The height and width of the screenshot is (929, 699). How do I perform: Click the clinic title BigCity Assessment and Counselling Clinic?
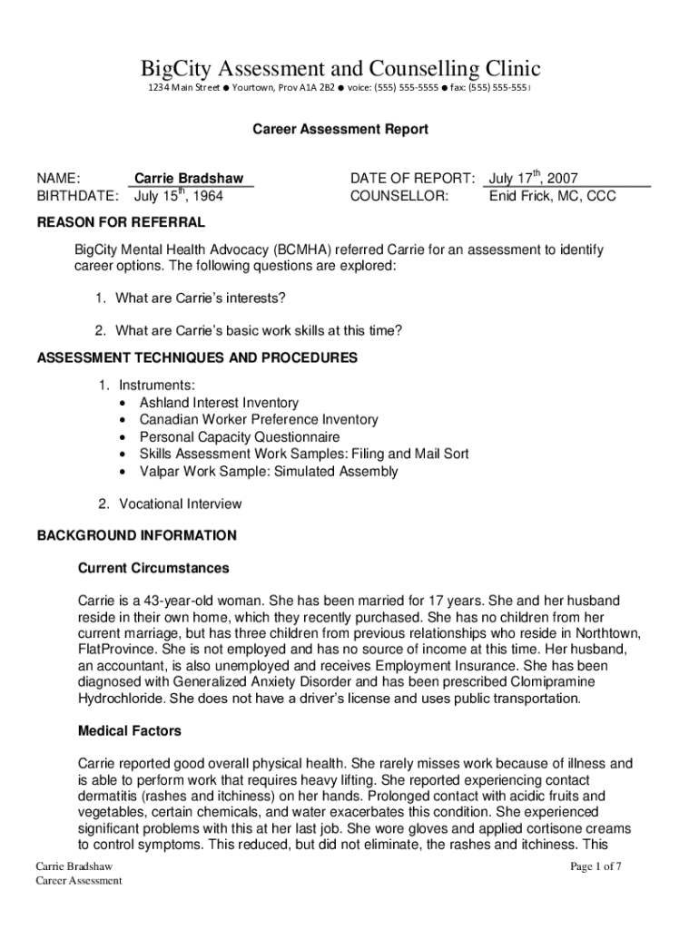tap(340, 68)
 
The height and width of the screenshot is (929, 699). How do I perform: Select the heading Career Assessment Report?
tap(340, 130)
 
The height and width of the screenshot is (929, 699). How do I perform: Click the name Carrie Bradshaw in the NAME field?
tap(189, 179)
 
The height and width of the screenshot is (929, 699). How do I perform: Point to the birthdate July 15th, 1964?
tap(178, 195)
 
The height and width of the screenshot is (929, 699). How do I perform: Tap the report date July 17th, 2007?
tap(534, 179)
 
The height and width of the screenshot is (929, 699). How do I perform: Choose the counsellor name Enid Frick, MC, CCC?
tap(552, 196)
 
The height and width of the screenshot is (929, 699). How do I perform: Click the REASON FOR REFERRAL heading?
tap(120, 222)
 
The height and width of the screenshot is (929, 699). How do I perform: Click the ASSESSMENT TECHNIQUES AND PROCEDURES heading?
tap(197, 357)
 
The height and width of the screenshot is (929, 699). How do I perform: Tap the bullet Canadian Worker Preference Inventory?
tap(259, 419)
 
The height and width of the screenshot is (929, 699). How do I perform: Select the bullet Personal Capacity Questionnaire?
tap(239, 436)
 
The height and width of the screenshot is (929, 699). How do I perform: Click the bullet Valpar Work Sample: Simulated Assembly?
tap(268, 471)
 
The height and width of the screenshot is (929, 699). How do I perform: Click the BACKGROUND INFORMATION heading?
tap(136, 535)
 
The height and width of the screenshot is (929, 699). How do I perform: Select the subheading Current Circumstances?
tap(153, 568)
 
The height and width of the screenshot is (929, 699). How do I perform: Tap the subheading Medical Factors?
tap(130, 730)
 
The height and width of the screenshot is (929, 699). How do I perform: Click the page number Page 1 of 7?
tap(596, 866)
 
